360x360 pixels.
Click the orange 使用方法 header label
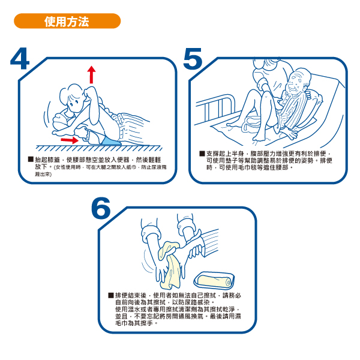point(67,22)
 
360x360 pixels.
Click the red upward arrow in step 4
point(91,74)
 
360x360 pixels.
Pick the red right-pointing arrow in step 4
point(70,140)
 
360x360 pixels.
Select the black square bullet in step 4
point(31,160)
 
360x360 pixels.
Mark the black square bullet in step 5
point(202,154)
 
